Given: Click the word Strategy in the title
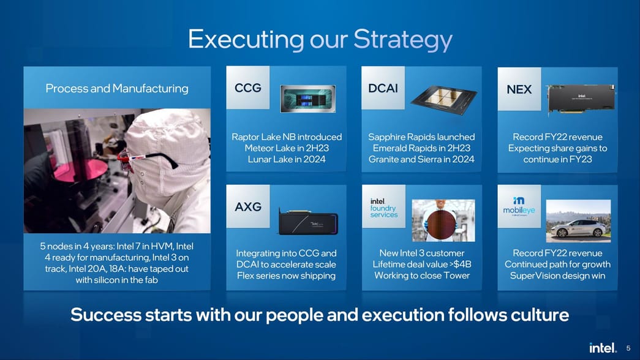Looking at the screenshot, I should [x=403, y=40].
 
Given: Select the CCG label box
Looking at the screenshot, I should [x=248, y=88].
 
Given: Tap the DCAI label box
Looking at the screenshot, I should [x=383, y=88].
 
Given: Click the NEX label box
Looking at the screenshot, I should [x=519, y=89].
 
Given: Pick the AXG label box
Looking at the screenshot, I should [x=248, y=207].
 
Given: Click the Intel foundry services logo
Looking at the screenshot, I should [x=384, y=208].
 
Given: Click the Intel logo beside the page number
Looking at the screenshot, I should [x=603, y=348].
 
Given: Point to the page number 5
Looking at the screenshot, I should [x=628, y=348].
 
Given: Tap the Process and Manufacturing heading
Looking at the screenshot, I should [x=117, y=89].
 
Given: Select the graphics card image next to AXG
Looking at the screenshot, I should [x=308, y=220].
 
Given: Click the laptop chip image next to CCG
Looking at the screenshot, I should [x=307, y=99].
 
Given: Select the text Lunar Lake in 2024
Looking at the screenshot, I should [x=286, y=159].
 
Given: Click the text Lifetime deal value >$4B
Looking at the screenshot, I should [x=421, y=264].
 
